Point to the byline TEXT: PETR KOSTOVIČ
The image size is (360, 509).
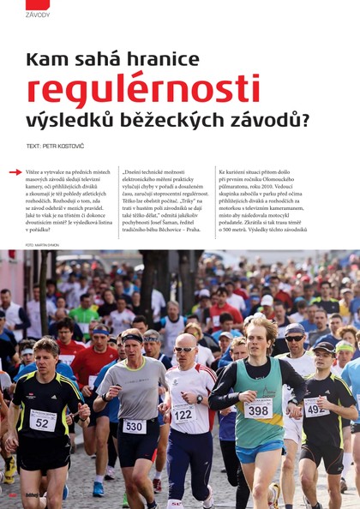click(x=57, y=146)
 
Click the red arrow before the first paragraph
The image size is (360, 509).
click(x=15, y=172)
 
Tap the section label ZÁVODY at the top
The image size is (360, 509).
click(x=38, y=15)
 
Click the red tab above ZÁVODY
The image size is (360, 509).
click(x=38, y=4)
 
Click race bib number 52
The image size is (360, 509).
click(x=43, y=420)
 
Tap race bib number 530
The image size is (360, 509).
click(x=135, y=426)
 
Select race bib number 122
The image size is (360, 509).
click(x=183, y=412)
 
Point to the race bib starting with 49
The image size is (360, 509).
click(x=315, y=407)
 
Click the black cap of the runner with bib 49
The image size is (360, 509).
click(x=324, y=347)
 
